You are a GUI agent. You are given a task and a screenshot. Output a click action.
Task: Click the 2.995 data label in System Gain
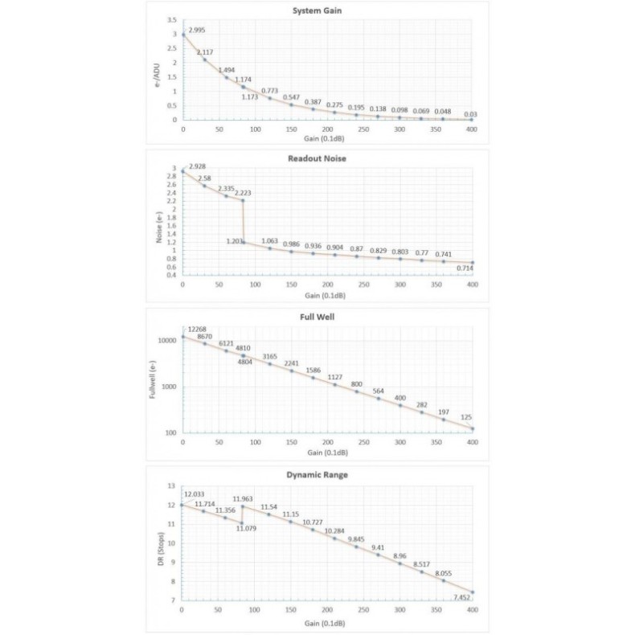click(x=198, y=30)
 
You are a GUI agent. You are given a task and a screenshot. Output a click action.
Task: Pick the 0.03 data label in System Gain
click(x=470, y=114)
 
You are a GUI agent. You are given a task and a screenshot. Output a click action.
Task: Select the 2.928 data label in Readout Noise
click(x=198, y=166)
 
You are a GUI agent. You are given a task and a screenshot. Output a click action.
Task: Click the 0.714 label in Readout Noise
click(x=465, y=268)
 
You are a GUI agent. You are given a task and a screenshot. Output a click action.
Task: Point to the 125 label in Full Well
click(x=466, y=417)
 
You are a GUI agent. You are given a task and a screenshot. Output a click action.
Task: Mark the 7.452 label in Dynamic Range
click(x=462, y=598)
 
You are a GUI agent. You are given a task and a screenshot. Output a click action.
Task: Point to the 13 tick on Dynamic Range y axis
click(x=171, y=486)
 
